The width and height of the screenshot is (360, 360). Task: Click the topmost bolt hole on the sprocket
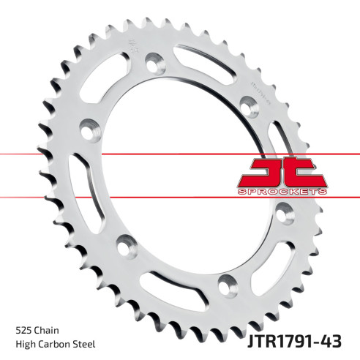[153, 64]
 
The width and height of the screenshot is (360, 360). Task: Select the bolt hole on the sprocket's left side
[88, 126]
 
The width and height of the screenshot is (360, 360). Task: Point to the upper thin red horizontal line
[44, 154]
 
